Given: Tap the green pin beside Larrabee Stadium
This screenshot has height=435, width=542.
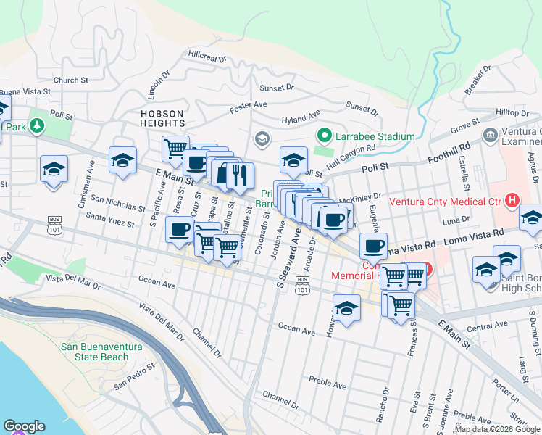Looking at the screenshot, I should pos(325,136).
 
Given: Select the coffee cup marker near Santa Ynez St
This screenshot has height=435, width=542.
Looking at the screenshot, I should pos(180,231).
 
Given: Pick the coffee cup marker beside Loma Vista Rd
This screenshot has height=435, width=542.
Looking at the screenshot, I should pos(373,246).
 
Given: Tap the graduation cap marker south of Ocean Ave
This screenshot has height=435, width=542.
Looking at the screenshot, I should pos(347,308).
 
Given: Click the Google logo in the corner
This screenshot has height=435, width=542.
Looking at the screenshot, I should pos(24,426).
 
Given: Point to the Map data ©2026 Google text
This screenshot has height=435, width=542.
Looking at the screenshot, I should pos(496,429).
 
